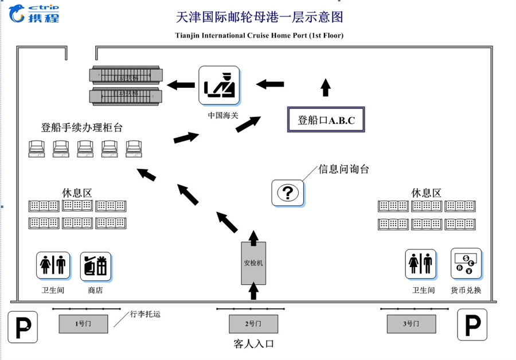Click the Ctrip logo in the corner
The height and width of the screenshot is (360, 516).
(34, 13)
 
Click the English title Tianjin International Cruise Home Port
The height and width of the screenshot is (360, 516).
(259, 36)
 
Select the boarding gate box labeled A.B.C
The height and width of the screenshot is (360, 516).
(326, 120)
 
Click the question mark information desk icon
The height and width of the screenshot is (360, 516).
(288, 192)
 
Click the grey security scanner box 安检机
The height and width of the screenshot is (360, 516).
(253, 263)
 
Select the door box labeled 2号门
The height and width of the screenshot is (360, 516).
(253, 324)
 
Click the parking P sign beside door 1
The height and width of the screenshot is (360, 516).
(22, 327)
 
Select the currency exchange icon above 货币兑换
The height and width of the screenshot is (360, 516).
(466, 263)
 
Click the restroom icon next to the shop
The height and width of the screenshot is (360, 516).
(53, 266)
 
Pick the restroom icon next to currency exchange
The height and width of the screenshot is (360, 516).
(421, 263)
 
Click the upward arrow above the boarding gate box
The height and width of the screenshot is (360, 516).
(326, 88)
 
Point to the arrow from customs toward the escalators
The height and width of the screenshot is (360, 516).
(181, 85)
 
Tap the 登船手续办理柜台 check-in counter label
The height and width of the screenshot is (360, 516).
(82, 127)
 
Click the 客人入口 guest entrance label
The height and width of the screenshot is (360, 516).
(253, 344)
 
